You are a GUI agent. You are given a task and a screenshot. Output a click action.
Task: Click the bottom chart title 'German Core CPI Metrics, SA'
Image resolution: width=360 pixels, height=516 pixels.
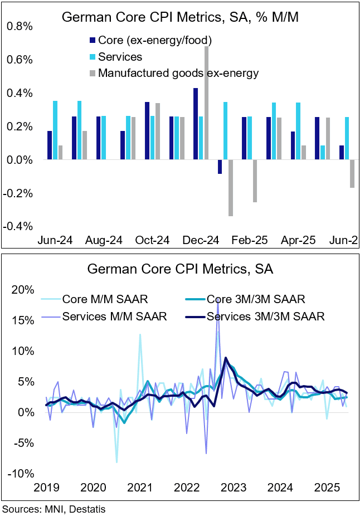(x=179, y=269)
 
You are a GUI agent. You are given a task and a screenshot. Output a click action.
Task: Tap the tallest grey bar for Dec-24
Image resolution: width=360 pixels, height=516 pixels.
(x=206, y=103)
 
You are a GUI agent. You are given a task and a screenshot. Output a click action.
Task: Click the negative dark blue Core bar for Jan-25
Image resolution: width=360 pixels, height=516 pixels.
(x=220, y=167)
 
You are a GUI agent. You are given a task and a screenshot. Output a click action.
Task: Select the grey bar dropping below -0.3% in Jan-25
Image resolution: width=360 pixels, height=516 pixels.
(x=231, y=188)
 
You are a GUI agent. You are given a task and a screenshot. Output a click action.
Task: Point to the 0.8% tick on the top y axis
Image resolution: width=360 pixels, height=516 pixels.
(x=20, y=27)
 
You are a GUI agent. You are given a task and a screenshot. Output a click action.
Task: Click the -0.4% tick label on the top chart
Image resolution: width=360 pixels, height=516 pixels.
(x=18, y=226)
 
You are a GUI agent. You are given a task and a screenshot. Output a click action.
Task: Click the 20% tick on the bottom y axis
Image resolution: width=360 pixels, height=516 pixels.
(x=23, y=290)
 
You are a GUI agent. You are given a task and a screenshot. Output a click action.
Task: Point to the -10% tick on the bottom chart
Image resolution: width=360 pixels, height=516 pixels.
(x=21, y=474)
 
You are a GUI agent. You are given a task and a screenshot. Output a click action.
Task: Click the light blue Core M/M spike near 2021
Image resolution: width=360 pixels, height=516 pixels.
(x=140, y=335)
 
